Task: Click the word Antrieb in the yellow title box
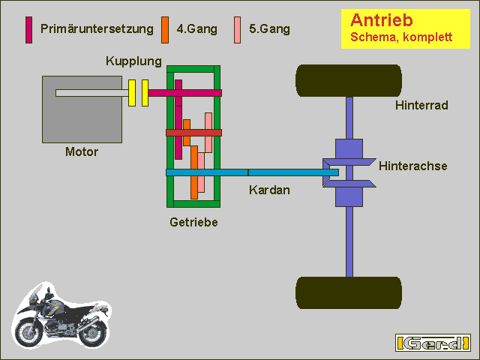(382, 20)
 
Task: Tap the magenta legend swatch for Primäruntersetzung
(28, 30)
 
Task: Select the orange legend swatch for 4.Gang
(165, 30)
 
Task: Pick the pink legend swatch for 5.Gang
(237, 30)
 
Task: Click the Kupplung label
(133, 61)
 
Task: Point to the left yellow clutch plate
(132, 93)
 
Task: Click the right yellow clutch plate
(145, 93)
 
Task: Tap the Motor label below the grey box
(82, 151)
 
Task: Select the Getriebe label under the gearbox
(193, 222)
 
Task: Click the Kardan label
(269, 190)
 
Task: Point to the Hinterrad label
(421, 105)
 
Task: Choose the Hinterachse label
(413, 166)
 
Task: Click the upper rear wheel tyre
(349, 80)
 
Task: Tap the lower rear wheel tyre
(349, 293)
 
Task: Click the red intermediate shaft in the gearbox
(193, 133)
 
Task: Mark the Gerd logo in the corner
(433, 343)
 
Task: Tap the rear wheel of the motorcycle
(92, 333)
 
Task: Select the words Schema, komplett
(401, 37)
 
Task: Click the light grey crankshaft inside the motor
(91, 93)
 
